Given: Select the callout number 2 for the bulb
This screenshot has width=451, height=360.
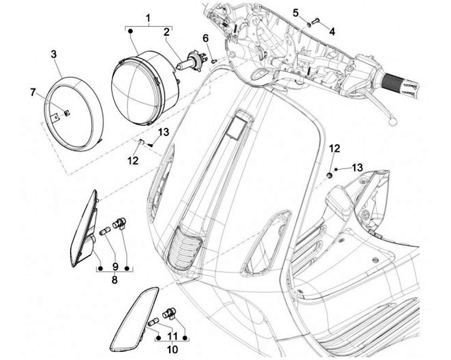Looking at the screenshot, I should point(167,31).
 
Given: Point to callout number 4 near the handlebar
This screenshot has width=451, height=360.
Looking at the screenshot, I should point(332,31).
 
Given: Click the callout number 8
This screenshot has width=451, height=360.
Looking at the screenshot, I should point(114,280).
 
